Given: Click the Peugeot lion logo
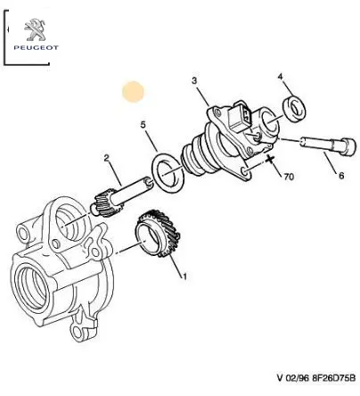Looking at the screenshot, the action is tap(35, 29).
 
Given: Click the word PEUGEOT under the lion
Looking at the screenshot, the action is tap(36, 47).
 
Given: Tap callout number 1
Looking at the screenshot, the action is tap(184, 276).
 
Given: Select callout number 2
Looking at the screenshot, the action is tap(107, 159).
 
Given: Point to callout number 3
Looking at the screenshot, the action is tap(194, 80).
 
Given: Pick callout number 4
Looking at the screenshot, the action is tap(281, 77).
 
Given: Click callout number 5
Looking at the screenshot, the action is tap(143, 125).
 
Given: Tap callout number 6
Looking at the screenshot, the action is tap(341, 176).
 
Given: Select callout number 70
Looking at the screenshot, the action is tap(289, 177).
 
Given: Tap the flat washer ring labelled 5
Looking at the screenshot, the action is tap(168, 172).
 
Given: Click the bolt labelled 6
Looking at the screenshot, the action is tap(328, 145).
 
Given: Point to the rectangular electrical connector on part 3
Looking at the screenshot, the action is tap(240, 116).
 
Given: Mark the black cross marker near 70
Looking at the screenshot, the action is tap(270, 160).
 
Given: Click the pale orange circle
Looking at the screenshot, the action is tap(133, 92).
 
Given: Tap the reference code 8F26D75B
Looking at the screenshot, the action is tap(333, 378).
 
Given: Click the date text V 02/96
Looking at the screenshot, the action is tap(293, 378).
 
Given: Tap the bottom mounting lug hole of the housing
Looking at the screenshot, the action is tap(78, 332).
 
